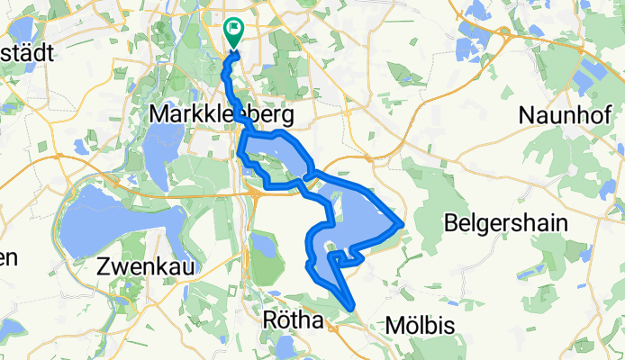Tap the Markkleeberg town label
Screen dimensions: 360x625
point(222,116)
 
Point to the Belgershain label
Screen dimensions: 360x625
point(507,223)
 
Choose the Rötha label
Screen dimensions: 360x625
point(294,321)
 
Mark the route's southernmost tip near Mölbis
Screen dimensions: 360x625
point(349,310)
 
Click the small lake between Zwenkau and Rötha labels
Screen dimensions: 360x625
point(262,243)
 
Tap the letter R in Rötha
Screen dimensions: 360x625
point(268,321)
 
